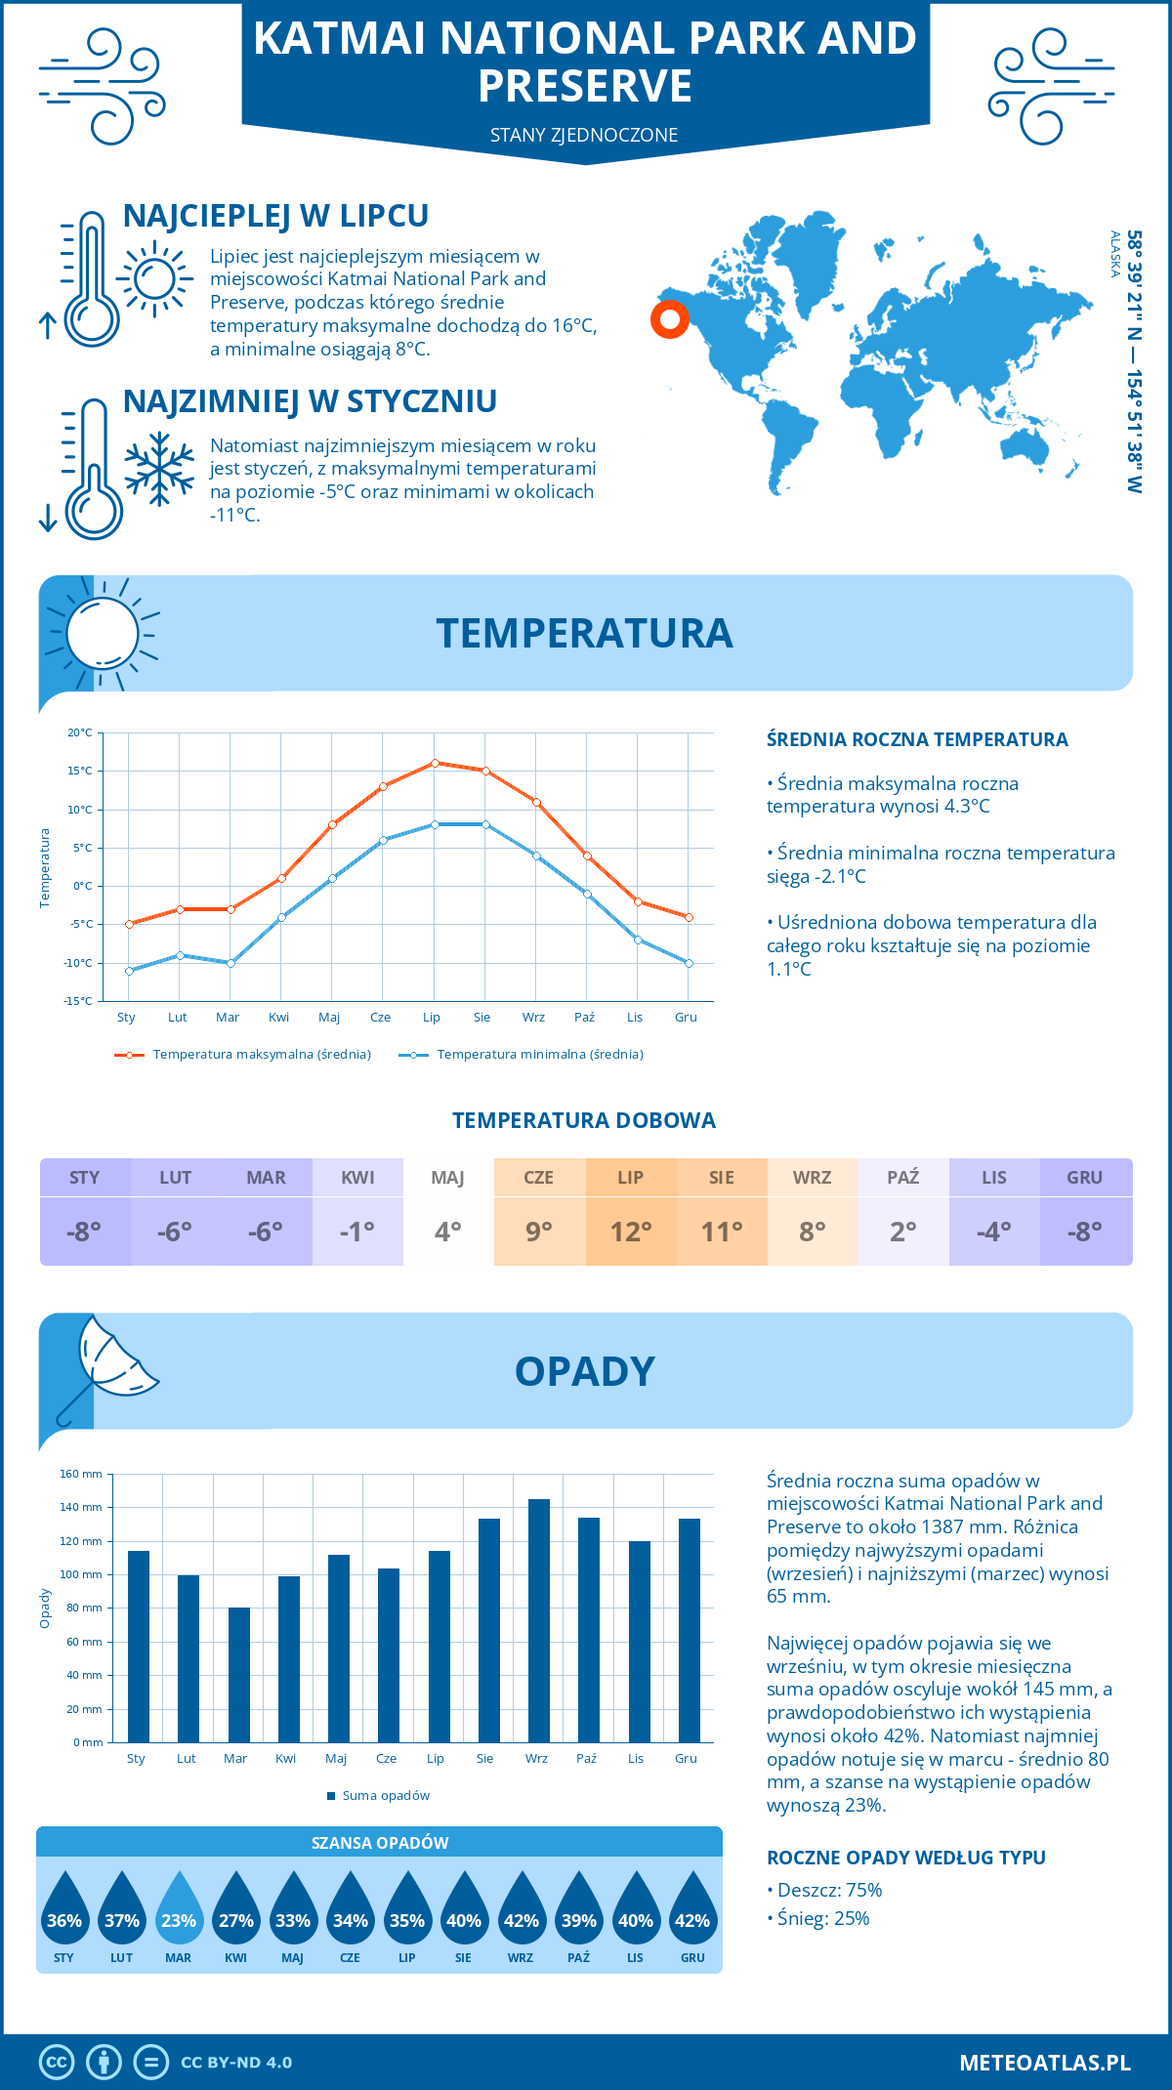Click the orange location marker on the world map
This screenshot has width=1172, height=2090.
[670, 319]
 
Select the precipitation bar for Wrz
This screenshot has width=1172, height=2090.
[539, 1621]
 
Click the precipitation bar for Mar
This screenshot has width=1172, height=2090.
[239, 1675]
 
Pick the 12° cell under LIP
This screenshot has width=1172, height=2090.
[631, 1232]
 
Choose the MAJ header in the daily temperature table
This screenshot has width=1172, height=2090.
[448, 1178]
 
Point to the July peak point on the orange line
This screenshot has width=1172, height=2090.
[435, 763]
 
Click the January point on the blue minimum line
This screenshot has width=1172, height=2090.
[129, 971]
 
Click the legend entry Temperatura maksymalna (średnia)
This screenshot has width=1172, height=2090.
[244, 1055]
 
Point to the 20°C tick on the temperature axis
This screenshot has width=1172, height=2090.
[80, 732]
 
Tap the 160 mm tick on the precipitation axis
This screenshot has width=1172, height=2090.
[82, 1475]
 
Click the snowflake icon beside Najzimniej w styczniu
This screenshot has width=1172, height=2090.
[159, 469]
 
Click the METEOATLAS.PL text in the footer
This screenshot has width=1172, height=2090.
[1044, 2063]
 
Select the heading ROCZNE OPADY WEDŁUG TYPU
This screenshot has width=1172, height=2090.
[905, 1858]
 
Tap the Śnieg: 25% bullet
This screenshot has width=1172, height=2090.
[820, 1919]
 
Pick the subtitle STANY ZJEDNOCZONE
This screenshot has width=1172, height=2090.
[584, 135]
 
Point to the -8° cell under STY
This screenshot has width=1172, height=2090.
[84, 1232]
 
